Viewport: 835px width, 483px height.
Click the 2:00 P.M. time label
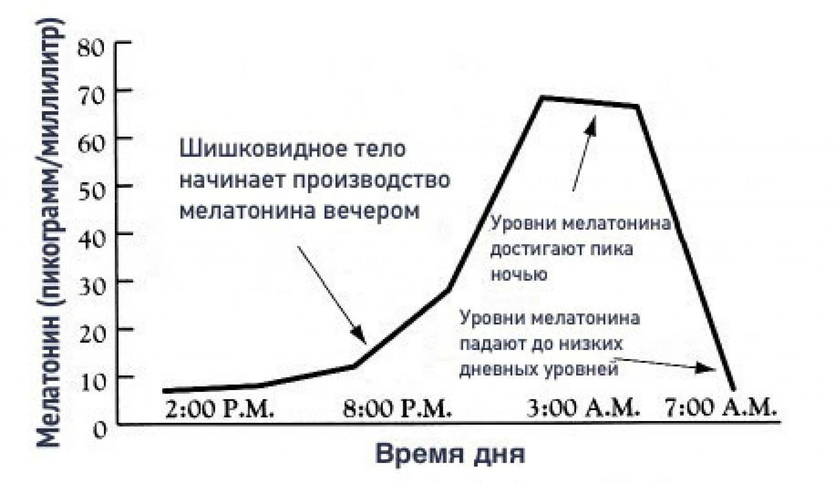coord(219,408)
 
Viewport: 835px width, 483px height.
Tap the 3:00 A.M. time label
coord(583,408)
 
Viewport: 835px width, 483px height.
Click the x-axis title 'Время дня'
coord(450,455)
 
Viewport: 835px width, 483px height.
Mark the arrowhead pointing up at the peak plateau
coord(592,124)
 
